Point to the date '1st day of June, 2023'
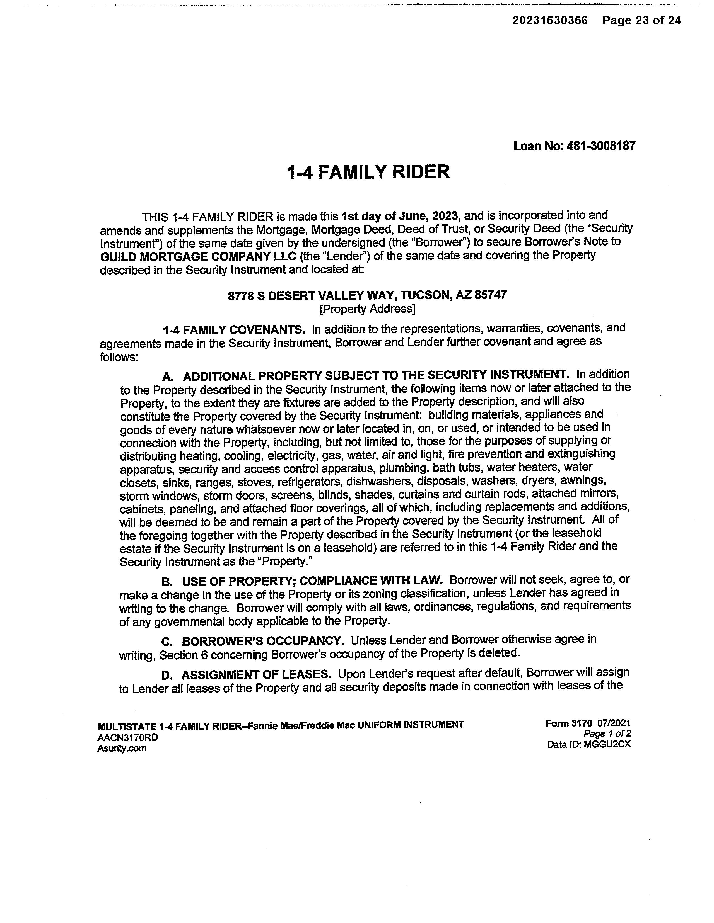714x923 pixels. pos(400,216)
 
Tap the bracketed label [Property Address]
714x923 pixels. pos(367,309)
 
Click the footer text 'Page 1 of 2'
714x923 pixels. pos(607,734)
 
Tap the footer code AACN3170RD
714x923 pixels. pos(128,737)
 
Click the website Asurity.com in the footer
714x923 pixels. pos(122,748)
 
